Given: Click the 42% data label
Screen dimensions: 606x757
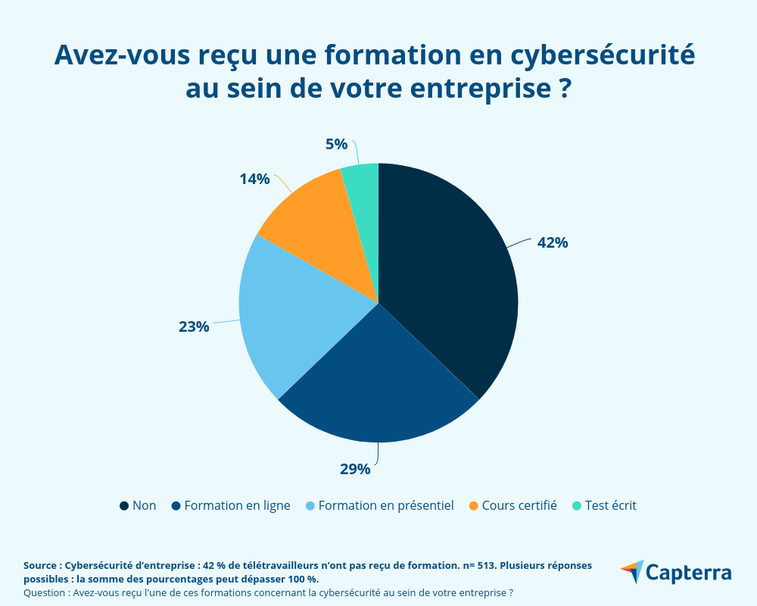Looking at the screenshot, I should coord(553,243).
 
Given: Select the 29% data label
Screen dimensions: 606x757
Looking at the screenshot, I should coord(355,469).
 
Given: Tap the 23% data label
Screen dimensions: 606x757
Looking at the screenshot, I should coord(194,326).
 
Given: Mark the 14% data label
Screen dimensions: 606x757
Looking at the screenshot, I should coord(254,179).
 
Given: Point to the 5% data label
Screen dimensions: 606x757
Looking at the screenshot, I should coord(336,144).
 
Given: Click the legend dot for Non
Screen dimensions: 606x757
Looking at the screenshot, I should coord(123,505).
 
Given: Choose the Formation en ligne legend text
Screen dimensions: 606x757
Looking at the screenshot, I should coord(237,505).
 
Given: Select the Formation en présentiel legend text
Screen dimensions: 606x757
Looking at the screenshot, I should coord(386,505).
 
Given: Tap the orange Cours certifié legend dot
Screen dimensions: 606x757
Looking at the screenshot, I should coord(473,505).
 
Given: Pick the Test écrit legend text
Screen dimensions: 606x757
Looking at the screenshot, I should coord(611,505).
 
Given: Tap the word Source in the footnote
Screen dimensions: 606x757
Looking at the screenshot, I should coord(42,565).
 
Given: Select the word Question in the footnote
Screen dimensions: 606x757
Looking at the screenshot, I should coord(45,592).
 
